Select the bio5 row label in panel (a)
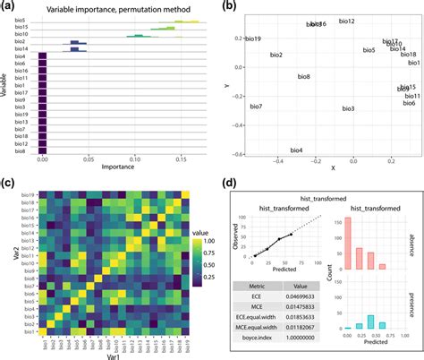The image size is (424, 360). [20, 20]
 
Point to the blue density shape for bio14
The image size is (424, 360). [77, 48]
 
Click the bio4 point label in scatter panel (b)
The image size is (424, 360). [296, 150]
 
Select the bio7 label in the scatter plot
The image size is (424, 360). [256, 107]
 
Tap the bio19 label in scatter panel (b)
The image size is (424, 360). [253, 39]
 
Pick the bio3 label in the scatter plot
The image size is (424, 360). [348, 109]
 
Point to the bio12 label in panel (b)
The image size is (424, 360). [347, 21]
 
